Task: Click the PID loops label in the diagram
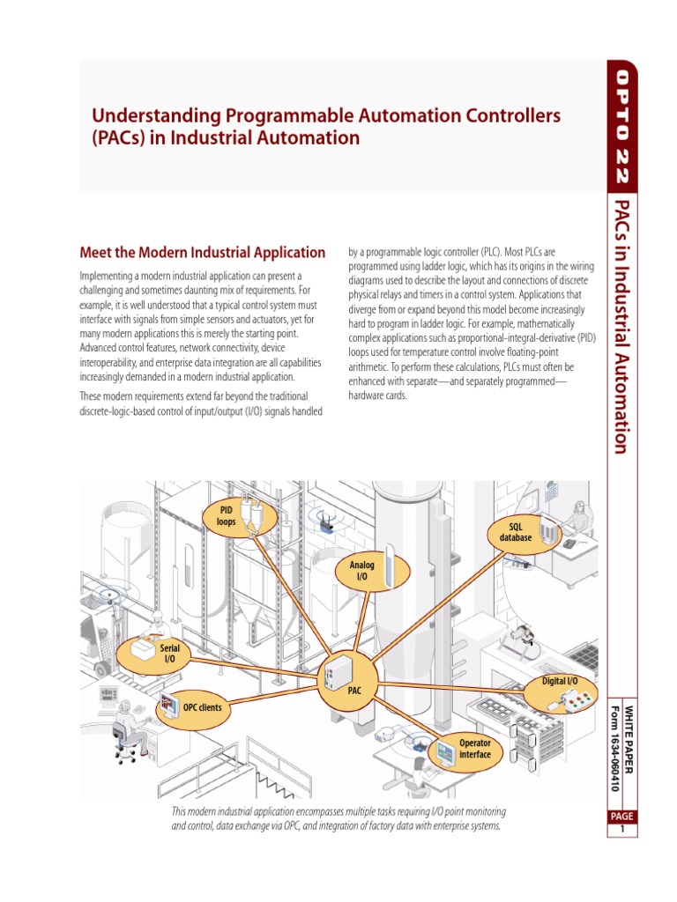[x=226, y=515]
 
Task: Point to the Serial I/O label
[x=169, y=653]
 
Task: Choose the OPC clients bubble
[x=203, y=706]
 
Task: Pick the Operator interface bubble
[x=474, y=750]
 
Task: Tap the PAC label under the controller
[x=354, y=691]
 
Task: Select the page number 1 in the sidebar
[x=621, y=829]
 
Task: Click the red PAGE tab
[x=621, y=817]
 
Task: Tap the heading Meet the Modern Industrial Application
[x=203, y=253]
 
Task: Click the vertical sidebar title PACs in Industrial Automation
[x=621, y=326]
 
